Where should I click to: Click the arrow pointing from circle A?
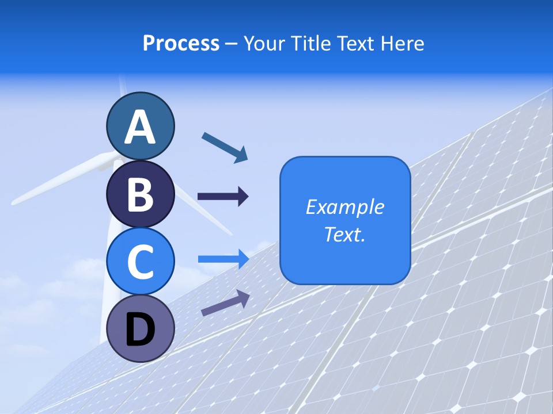[x=225, y=147]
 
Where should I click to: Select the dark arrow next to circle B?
[x=223, y=197]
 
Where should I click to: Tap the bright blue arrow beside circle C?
[x=223, y=259]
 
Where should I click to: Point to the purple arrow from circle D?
[x=225, y=303]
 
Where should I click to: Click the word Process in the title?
[x=181, y=44]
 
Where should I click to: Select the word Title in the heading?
[x=310, y=44]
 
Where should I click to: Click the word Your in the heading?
[x=264, y=44]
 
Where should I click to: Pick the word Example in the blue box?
[x=344, y=207]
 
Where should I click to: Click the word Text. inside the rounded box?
[x=344, y=235]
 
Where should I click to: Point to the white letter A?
[x=140, y=128]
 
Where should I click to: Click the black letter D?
[x=140, y=330]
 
